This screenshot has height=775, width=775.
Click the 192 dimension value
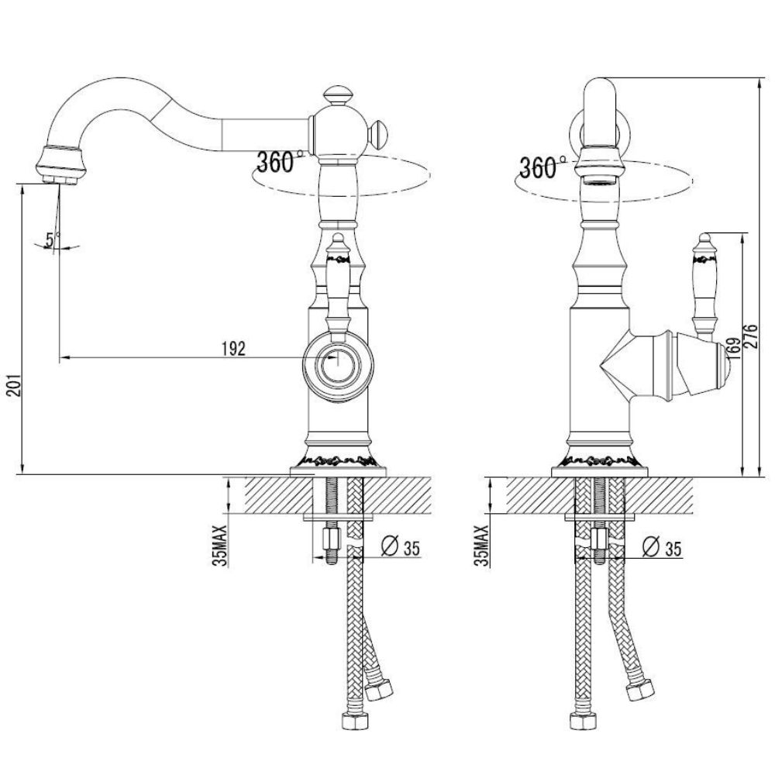(233, 349)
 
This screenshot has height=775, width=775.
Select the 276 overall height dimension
(751, 336)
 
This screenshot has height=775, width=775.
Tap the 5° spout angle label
(51, 239)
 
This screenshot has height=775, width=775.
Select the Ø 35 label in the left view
(401, 546)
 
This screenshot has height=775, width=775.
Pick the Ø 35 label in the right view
(663, 546)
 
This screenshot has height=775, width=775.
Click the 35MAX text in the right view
(481, 546)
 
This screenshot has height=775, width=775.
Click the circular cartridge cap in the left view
(338, 366)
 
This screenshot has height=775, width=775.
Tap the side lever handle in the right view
(704, 286)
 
